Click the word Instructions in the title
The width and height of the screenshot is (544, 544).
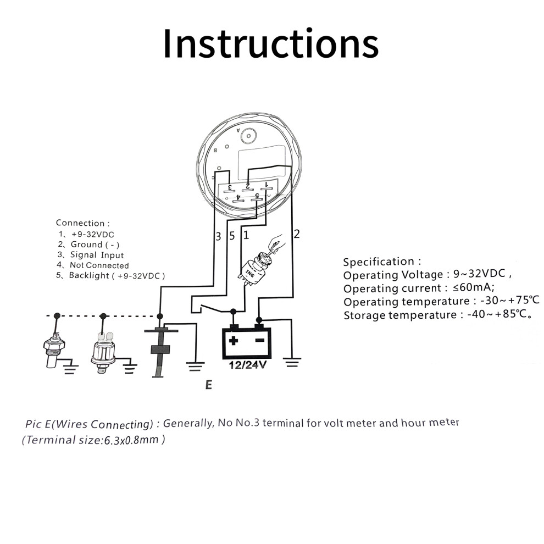(270, 44)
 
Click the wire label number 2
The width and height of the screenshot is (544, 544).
(297, 234)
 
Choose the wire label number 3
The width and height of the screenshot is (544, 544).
(218, 236)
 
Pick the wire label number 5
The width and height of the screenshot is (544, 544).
(232, 236)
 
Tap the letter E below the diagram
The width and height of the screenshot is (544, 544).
(208, 385)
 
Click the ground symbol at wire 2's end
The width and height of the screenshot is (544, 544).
(292, 363)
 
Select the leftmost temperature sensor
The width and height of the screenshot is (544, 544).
(53, 349)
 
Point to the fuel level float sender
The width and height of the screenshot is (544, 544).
(159, 352)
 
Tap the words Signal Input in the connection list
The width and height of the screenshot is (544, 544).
(97, 255)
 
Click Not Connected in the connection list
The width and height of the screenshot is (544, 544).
(99, 265)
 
